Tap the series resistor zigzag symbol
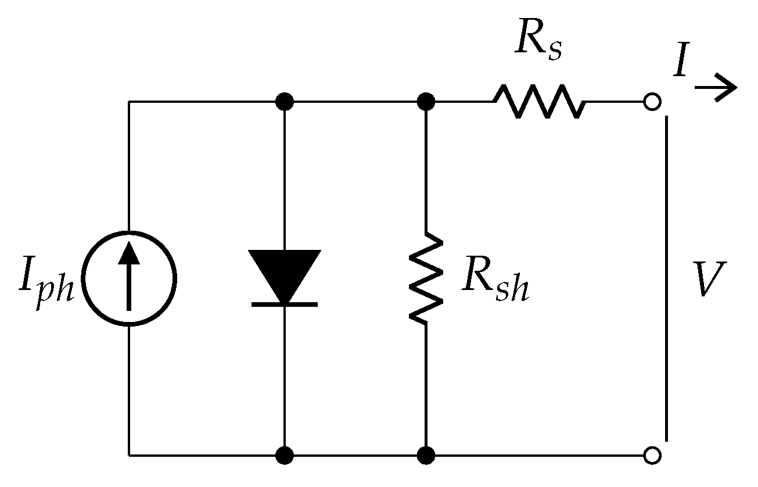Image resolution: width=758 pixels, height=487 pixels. coord(539,102)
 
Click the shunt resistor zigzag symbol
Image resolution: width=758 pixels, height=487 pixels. coord(426,277)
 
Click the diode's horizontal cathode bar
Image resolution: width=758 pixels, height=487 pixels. coord(284,304)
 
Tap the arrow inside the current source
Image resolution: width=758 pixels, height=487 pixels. coord(128,275)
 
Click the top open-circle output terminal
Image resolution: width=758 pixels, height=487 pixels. coord(652,102)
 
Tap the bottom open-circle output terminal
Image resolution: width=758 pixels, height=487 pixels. coord(652,456)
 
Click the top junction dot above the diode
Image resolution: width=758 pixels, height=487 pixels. coord(284,102)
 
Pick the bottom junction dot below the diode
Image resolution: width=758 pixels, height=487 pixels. coord(284,455)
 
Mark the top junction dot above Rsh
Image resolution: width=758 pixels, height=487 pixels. coord(426,102)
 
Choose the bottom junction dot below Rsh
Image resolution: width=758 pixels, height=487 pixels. coord(426,455)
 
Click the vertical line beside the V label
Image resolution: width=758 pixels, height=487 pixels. coord(667,279)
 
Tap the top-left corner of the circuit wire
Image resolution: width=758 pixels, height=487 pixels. coord(129,102)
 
